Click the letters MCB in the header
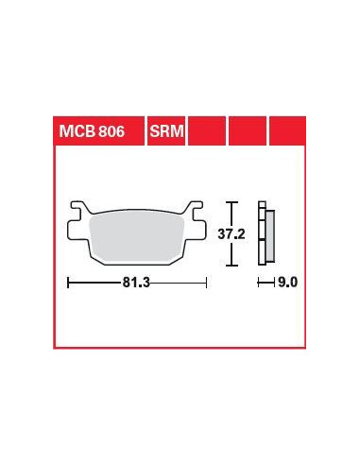tap(77, 131)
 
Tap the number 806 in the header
tap(111, 131)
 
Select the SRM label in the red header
tap(166, 131)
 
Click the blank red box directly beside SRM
tap(207, 131)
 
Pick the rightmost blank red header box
tap(287, 131)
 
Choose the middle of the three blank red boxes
tap(248, 131)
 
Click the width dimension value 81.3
tap(136, 283)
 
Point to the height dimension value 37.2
tap(231, 234)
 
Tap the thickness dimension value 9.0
tap(288, 283)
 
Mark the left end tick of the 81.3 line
tap(68, 283)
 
